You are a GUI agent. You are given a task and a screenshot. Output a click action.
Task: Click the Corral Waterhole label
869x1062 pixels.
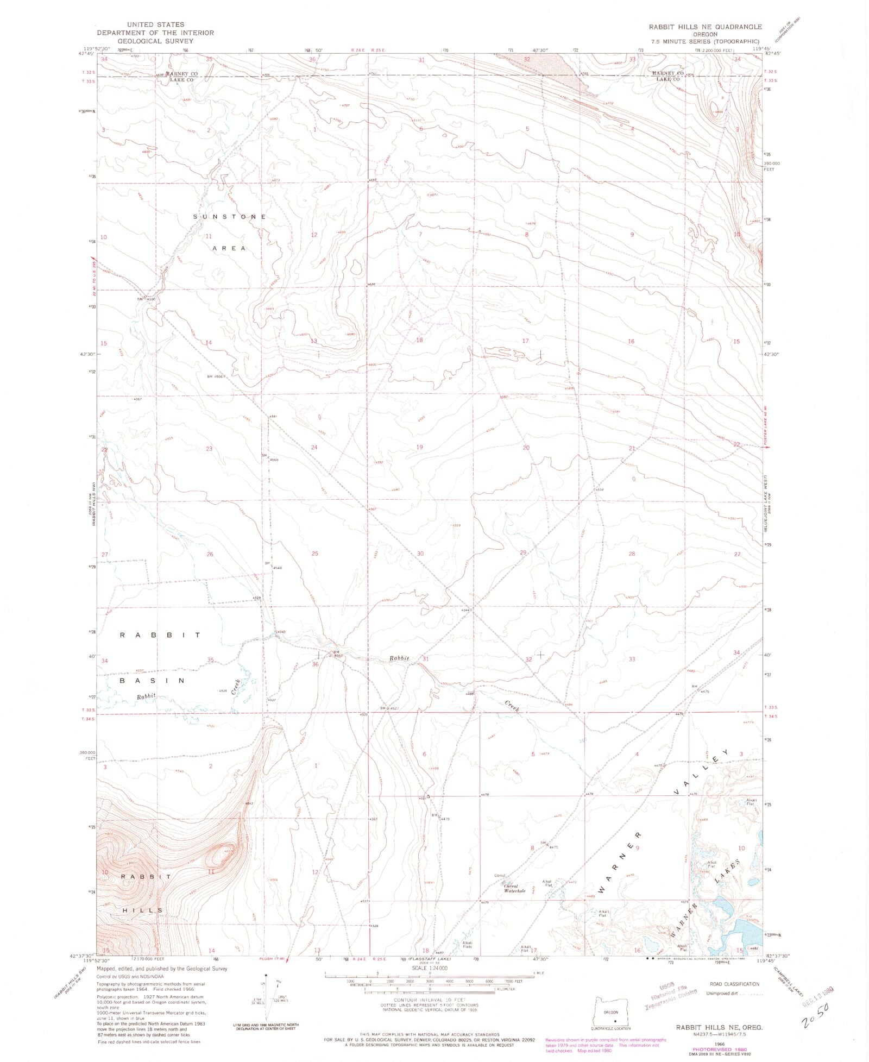tap(514, 889)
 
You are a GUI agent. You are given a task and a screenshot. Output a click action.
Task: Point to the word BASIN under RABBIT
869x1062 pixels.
tap(153, 681)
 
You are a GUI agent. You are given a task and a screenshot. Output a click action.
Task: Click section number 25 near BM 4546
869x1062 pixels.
tap(314, 554)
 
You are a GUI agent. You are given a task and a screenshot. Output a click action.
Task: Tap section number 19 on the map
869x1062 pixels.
tap(419, 447)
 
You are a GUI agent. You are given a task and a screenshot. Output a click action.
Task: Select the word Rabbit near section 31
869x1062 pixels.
tap(399, 658)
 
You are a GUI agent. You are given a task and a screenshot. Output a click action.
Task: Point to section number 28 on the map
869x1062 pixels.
tap(632, 554)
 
